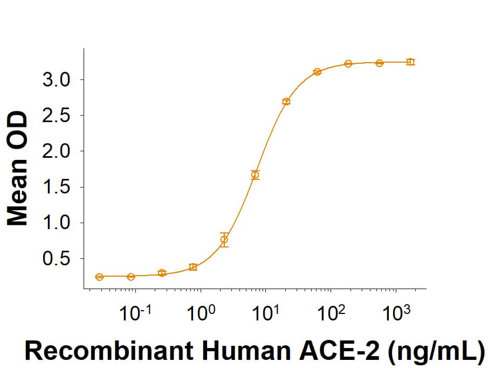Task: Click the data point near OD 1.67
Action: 255,175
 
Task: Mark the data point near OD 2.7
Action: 286,102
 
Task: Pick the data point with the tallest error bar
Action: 224,239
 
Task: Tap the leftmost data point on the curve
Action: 99,277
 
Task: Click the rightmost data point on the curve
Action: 410,62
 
